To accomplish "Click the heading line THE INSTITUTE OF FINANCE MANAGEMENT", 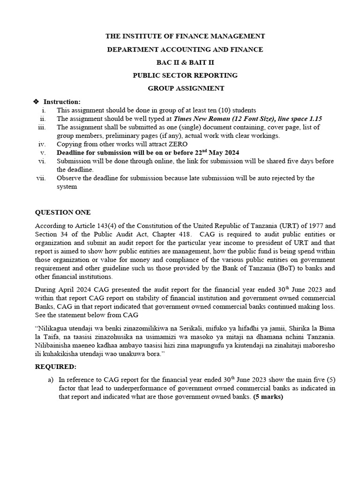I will (x=186, y=36).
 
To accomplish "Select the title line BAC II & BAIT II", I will (x=186, y=62).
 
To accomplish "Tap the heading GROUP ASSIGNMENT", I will (x=186, y=88).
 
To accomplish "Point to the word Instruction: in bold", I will (x=62, y=102).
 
